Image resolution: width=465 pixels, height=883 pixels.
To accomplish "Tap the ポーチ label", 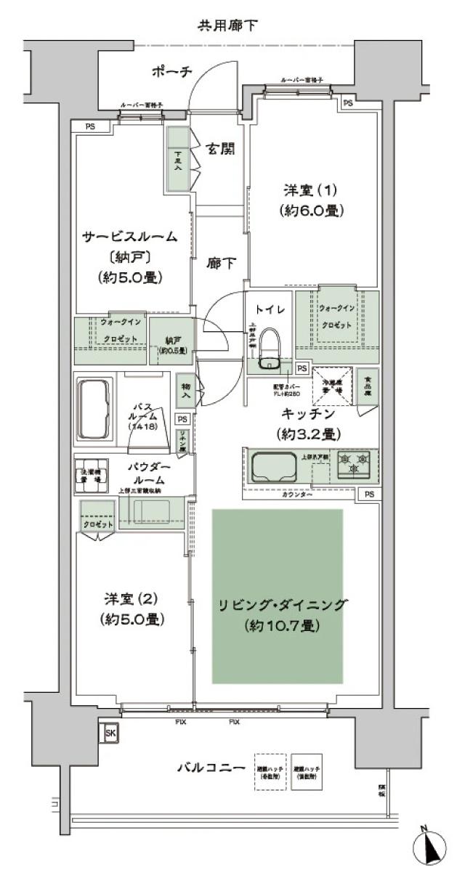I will tap(171, 71).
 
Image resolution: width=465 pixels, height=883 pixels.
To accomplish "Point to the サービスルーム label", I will tap(129, 236).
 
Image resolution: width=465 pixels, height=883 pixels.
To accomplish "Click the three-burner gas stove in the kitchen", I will tap(355, 465).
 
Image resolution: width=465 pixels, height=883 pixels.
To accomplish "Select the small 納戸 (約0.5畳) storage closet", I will tap(173, 340).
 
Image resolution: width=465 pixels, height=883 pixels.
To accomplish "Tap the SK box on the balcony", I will tap(110, 733).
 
